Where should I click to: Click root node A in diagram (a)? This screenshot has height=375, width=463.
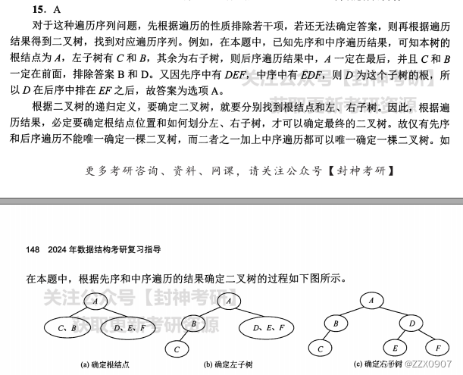(98, 302)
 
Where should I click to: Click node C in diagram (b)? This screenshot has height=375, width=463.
(177, 349)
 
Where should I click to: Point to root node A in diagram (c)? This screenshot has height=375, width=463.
(371, 301)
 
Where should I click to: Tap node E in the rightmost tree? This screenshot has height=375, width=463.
(395, 348)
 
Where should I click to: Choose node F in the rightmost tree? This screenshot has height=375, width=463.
(438, 348)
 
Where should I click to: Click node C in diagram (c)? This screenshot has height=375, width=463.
(321, 348)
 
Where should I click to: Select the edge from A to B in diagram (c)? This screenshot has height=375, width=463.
(351, 312)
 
